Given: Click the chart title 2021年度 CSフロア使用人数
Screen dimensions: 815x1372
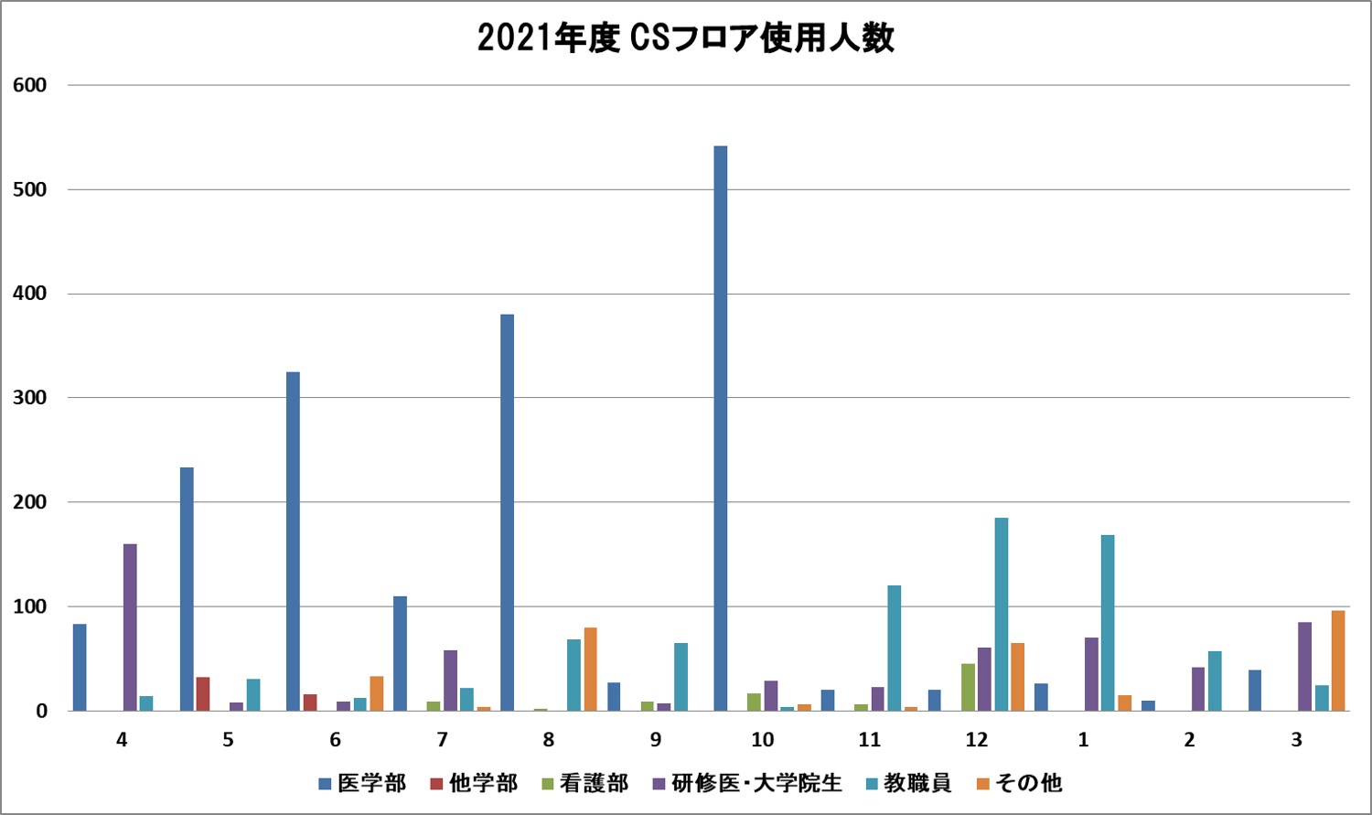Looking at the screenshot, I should pos(685,38).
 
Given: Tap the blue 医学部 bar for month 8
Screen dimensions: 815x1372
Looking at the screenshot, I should pos(507,512).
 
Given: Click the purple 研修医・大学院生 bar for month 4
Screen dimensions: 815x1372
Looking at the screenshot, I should pos(130,627).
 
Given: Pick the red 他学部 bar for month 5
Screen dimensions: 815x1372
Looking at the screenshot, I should pos(203,693).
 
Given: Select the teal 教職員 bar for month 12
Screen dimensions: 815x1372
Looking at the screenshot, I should pos(1002,614).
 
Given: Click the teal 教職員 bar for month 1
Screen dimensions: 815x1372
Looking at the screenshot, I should pos(1108,622).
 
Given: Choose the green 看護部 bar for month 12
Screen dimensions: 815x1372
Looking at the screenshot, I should pos(968,687).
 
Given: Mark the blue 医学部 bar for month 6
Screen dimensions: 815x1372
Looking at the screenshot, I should pos(293,541).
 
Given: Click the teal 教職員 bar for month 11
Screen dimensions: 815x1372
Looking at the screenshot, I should pos(894,648).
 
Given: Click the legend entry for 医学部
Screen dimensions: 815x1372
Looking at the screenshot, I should pos(362,784).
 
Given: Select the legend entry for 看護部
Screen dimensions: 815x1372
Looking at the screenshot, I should pos(584,784).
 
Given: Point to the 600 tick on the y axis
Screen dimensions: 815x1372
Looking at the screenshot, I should pos(29,85).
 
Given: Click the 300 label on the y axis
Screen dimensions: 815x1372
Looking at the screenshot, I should pos(29,398).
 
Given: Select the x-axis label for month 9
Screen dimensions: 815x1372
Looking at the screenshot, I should pos(655,740).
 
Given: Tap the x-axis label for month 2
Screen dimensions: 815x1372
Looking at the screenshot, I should pos(1189,740).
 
